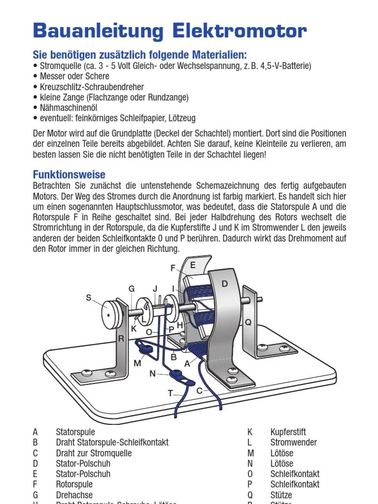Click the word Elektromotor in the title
point(240,31)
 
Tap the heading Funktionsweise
point(69,175)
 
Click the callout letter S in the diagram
point(89,297)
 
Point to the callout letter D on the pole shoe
point(224,284)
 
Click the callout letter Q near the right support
point(248,322)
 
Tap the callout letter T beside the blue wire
point(171,393)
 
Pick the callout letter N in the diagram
point(153,374)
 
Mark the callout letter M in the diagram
point(138,364)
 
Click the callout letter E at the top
point(193,265)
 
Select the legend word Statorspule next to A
point(75,432)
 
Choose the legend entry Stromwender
point(293,442)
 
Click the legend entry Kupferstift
point(288,432)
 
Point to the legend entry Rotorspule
point(74,484)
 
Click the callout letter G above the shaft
point(131,289)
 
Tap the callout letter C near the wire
point(199,391)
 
